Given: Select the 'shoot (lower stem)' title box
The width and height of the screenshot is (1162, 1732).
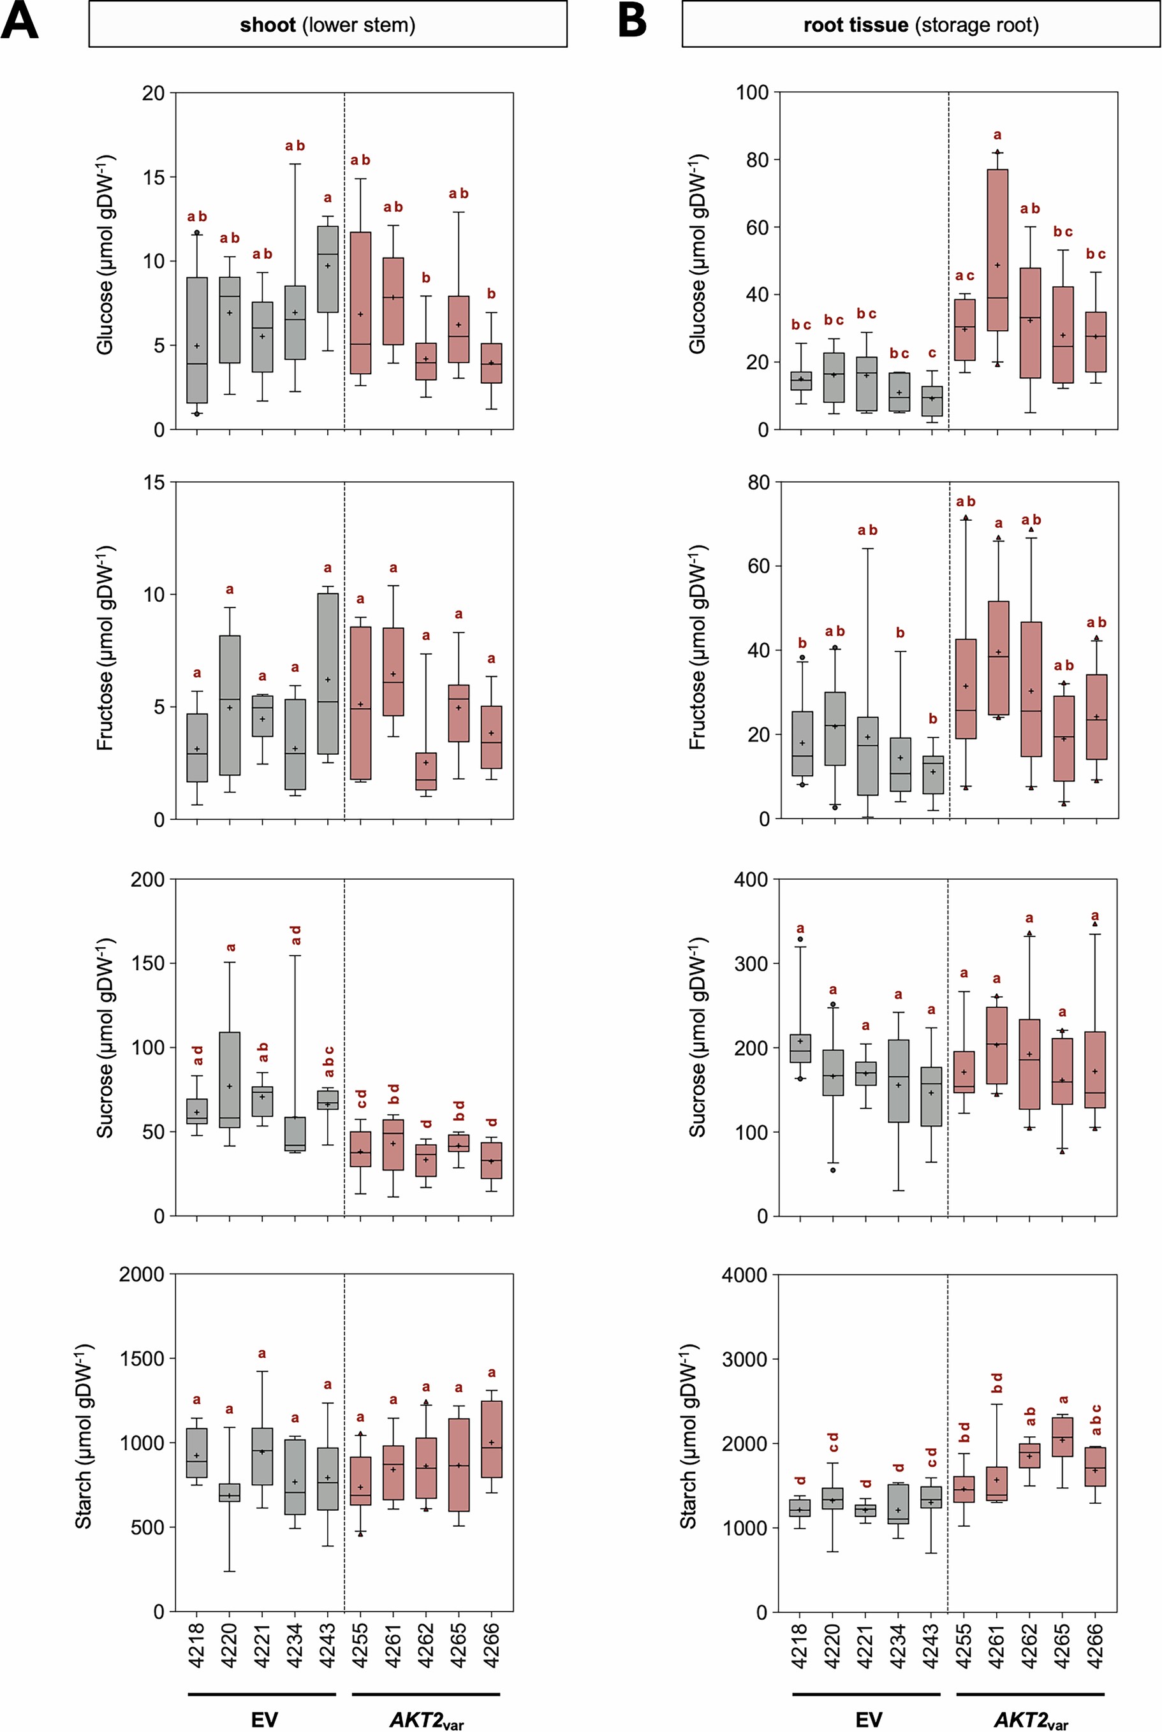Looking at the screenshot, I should pyautogui.click(x=328, y=24).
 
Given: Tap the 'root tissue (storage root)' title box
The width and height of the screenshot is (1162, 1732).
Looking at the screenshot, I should pyautogui.click(x=920, y=24).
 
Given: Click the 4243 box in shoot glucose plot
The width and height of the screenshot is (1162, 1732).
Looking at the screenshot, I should pyautogui.click(x=328, y=269).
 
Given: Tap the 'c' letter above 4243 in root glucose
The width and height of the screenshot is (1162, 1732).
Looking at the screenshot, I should pyautogui.click(x=932, y=353).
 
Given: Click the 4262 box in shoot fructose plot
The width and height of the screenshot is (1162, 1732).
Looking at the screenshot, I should pyautogui.click(x=425, y=771).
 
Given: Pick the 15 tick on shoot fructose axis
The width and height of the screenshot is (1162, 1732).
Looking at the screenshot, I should pyautogui.click(x=154, y=483).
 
